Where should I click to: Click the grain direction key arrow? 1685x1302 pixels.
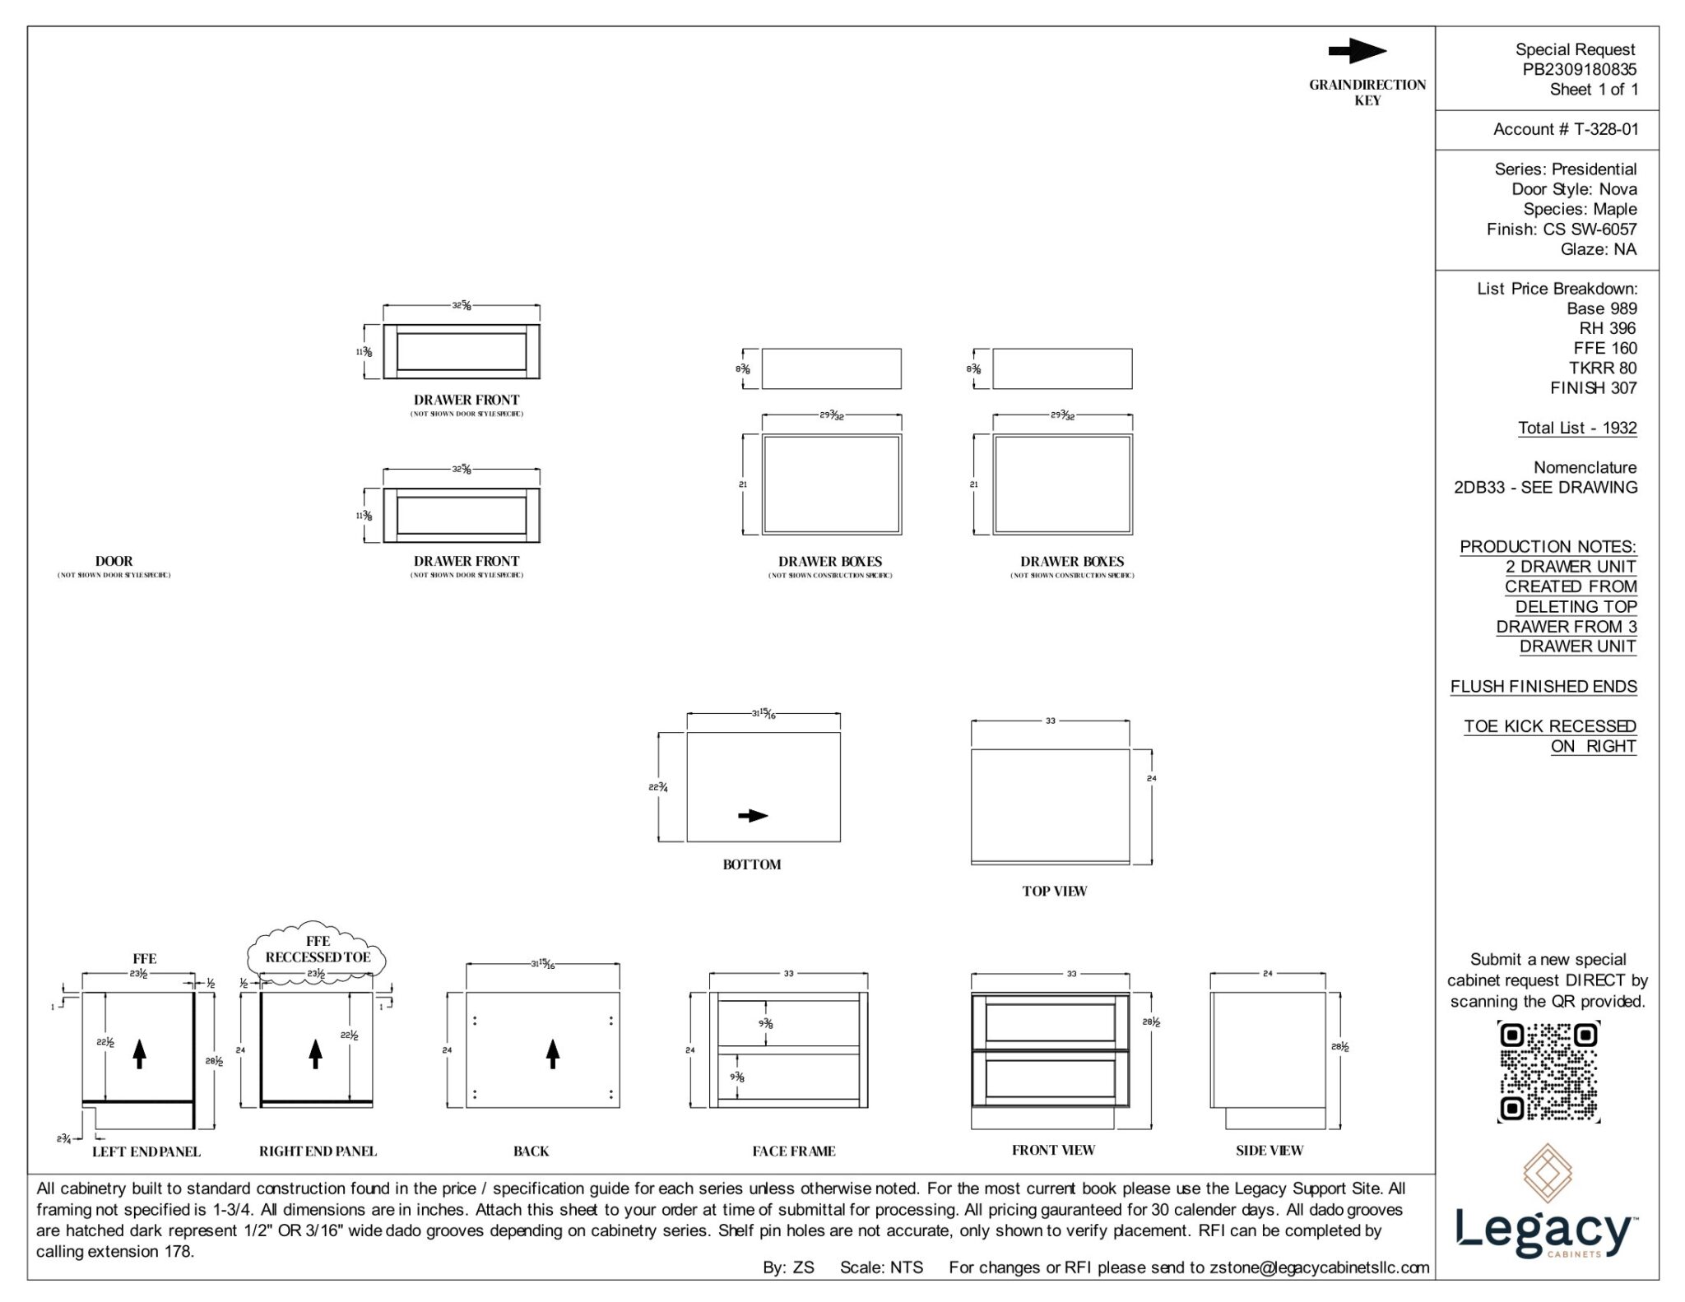click(x=1357, y=51)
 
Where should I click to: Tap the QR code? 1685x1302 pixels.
click(x=1548, y=1072)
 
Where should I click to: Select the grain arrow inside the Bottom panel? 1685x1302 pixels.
click(x=752, y=816)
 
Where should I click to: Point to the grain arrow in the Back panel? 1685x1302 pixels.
click(x=553, y=1054)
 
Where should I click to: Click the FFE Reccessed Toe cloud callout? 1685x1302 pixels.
click(x=318, y=949)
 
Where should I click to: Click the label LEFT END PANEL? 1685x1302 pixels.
click(x=146, y=1151)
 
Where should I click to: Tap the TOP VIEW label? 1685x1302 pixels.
click(x=1054, y=891)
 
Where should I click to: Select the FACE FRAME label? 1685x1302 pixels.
click(x=793, y=1151)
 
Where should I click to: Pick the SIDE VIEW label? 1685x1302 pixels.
click(x=1269, y=1151)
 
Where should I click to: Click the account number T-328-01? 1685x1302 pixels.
click(x=1565, y=129)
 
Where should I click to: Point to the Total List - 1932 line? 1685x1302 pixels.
click(x=1577, y=428)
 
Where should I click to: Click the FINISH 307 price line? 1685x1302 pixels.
click(x=1593, y=387)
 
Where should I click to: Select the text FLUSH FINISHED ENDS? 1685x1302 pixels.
click(x=1543, y=686)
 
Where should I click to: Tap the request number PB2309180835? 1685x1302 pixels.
click(x=1579, y=69)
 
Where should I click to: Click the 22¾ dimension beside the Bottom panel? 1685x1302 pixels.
click(x=657, y=787)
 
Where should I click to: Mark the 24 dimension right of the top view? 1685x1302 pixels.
click(x=1151, y=778)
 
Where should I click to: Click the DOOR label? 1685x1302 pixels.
click(x=114, y=561)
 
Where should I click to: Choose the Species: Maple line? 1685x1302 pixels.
click(x=1580, y=209)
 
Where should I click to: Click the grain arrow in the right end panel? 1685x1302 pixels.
click(x=315, y=1054)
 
